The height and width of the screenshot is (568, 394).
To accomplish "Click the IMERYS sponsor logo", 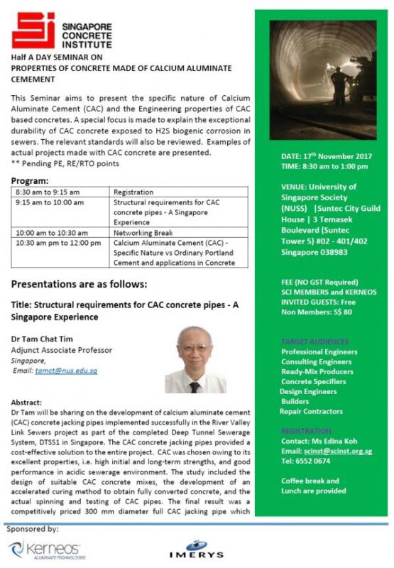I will click(x=196, y=552).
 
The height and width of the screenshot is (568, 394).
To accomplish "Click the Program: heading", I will click(x=31, y=180).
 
